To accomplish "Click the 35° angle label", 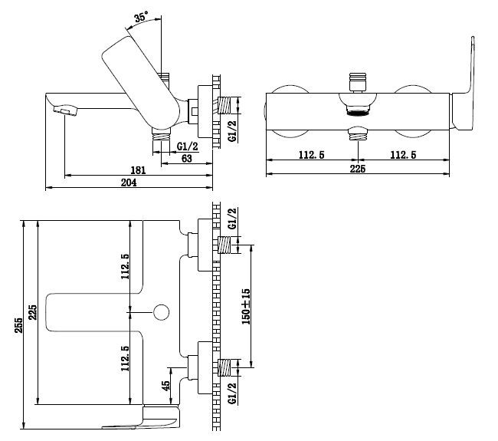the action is tap(141, 17).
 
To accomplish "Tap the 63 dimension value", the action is tap(186, 158).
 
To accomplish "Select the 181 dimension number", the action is tap(138, 170).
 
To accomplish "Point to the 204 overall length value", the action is tap(129, 183).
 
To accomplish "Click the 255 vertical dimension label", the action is tap(18, 325).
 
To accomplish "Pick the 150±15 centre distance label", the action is tap(246, 307).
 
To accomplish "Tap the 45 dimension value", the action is tap(165, 385).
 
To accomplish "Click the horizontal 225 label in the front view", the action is tap(358, 169).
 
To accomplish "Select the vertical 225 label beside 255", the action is tap(32, 312).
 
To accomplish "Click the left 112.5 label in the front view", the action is tap(312, 155).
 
